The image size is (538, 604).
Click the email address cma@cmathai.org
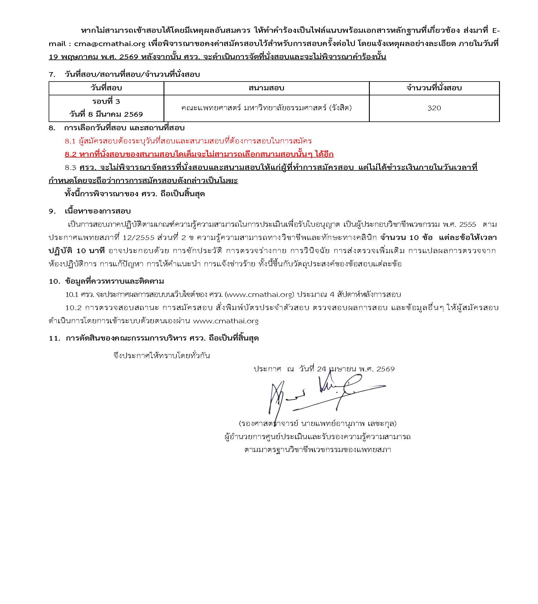point(110,44)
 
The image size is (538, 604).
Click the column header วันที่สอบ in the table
point(106,88)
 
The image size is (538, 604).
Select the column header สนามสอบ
point(266,88)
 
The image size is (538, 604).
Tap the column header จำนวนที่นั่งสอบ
point(434,88)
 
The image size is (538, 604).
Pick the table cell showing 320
point(434,108)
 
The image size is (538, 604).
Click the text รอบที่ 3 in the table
point(106,101)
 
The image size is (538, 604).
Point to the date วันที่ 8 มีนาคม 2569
point(106,114)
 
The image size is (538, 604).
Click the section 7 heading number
point(52,75)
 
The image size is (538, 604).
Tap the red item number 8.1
point(70,141)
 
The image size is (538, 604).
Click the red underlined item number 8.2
point(70,155)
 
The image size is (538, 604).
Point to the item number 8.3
point(70,168)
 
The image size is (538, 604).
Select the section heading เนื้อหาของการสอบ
point(98,211)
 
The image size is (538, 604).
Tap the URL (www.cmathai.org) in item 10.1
point(260,295)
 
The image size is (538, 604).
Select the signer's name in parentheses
point(318,424)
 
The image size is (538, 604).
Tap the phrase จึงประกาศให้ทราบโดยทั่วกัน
point(162,356)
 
